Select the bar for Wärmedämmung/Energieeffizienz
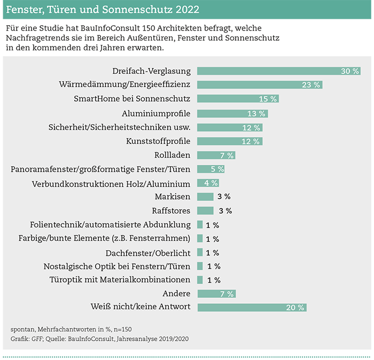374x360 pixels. click(260, 85)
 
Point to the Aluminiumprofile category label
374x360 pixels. click(156, 113)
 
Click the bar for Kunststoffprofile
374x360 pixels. click(230, 141)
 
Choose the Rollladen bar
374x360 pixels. click(216, 155)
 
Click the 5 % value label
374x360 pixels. click(217, 169)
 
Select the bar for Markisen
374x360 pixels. click(205, 197)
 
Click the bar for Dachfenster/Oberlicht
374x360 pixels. click(200, 252)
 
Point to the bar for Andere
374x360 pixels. click(216, 294)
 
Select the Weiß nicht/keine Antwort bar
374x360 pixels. click(252, 308)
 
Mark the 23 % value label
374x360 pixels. click(311, 85)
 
